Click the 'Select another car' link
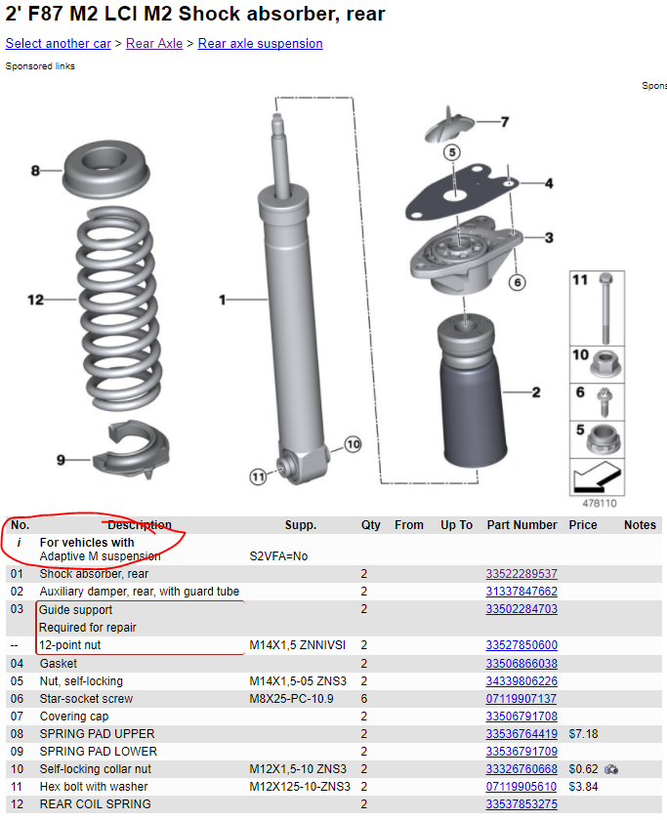tap(57, 44)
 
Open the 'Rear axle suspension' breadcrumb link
tap(260, 44)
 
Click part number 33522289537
tap(521, 574)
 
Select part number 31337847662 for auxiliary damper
tap(521, 592)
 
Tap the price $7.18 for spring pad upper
tap(583, 734)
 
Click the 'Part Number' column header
tap(521, 525)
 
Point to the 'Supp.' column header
tap(300, 525)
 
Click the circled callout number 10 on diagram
tap(353, 444)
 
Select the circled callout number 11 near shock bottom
tap(257, 476)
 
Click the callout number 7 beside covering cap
tap(504, 122)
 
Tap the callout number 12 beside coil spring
tap(36, 300)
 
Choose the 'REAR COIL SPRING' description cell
tap(95, 804)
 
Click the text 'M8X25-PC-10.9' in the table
tap(290, 699)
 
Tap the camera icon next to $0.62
tap(611, 769)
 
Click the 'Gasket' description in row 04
tap(59, 664)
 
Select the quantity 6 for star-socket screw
tap(364, 699)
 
